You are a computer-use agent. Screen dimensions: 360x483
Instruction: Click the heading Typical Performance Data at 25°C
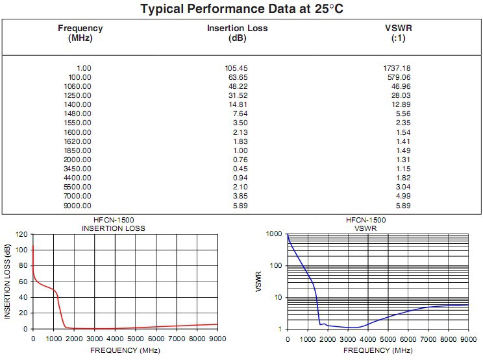coord(241,10)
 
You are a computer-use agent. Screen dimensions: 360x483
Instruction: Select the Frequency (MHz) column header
coord(80,33)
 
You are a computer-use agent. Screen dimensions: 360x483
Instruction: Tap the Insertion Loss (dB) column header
coord(237,33)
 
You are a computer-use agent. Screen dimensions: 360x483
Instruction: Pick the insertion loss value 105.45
coord(235,68)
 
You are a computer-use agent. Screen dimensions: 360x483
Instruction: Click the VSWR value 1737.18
coord(397,68)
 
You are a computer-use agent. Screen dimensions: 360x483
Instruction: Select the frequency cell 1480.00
coord(78,114)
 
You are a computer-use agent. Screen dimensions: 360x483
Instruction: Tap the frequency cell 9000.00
coord(78,205)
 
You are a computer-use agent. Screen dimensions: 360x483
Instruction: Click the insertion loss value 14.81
coord(237,104)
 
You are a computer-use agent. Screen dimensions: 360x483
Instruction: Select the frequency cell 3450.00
coord(78,169)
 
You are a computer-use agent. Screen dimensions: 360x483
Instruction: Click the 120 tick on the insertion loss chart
coord(21,234)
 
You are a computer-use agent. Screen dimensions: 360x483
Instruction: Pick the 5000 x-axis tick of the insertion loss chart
coord(135,338)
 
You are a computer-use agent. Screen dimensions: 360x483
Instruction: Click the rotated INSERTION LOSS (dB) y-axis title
coord(8,281)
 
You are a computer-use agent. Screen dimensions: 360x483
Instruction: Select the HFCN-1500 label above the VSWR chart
coord(366,220)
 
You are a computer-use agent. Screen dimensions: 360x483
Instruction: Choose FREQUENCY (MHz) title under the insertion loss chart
coord(125,351)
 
